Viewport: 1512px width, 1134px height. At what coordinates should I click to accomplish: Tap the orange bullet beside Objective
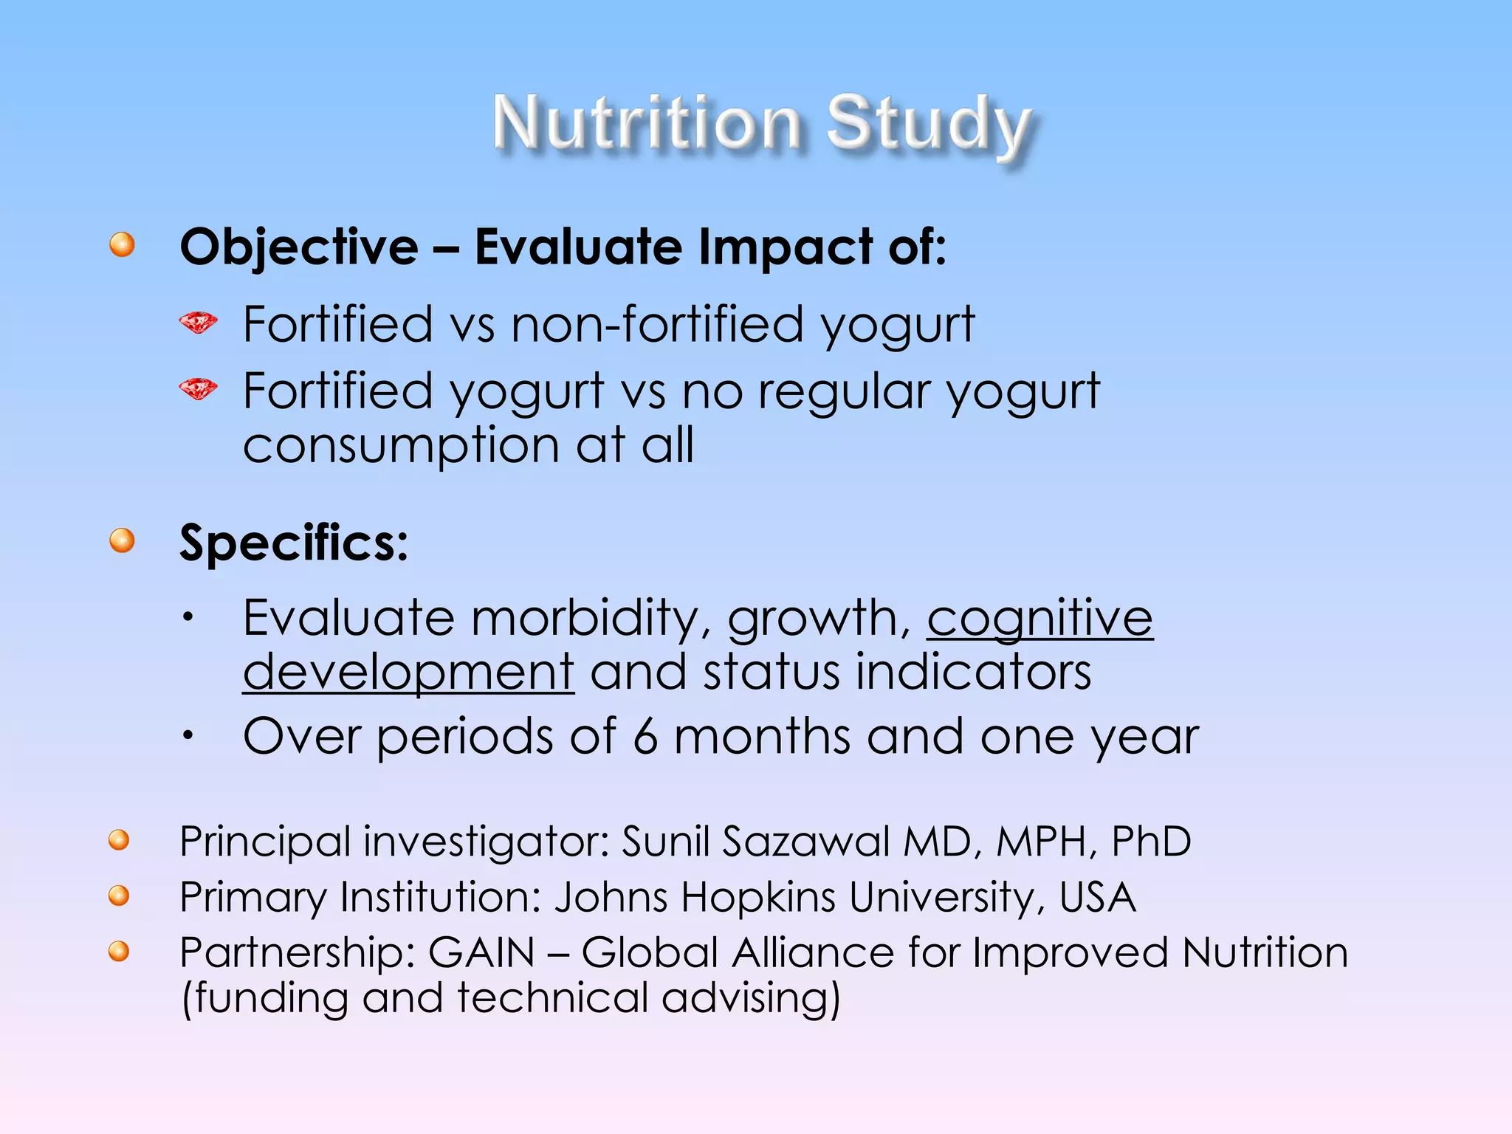(x=123, y=244)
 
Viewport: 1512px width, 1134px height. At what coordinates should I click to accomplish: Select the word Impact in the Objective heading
(x=785, y=247)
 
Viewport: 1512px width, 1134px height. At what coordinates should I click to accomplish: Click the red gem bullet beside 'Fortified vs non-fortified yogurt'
(x=198, y=323)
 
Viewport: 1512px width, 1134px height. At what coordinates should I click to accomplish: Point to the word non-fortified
(x=657, y=325)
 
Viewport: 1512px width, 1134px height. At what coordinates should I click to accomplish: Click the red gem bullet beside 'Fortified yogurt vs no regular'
(x=198, y=389)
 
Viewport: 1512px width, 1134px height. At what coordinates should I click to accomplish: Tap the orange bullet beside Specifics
(x=123, y=540)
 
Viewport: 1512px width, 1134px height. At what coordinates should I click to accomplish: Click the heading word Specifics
(x=293, y=543)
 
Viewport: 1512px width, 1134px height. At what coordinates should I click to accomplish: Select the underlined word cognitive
(x=1039, y=619)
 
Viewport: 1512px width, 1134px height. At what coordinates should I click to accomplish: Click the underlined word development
(x=408, y=673)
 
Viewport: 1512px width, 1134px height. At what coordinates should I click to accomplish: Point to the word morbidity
(x=583, y=619)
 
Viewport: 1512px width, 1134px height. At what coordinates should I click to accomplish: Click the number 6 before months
(x=645, y=737)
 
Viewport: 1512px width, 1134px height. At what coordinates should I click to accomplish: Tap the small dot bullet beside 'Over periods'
(x=189, y=735)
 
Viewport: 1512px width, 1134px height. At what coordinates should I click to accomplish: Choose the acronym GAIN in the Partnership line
(x=481, y=952)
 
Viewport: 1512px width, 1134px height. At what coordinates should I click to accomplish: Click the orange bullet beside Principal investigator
(x=119, y=840)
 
